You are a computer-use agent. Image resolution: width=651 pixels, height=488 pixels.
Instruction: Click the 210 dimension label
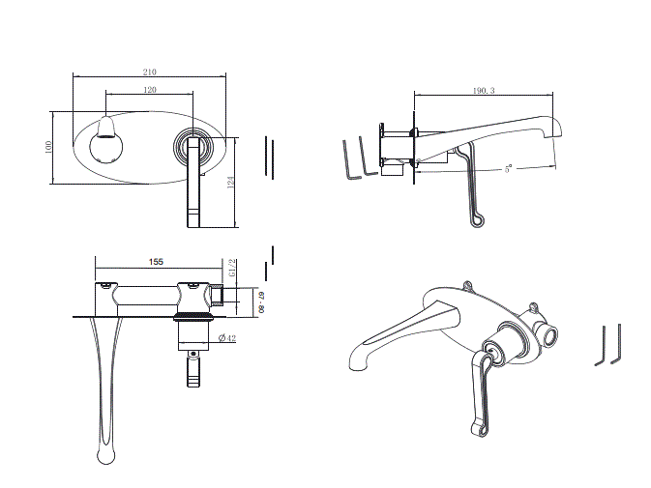tap(152, 72)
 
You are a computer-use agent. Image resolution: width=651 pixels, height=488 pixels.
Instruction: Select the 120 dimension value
tap(150, 89)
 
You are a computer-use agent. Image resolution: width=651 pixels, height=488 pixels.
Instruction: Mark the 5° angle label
tap(507, 168)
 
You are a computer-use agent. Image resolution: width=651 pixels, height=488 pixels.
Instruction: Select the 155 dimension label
tap(156, 261)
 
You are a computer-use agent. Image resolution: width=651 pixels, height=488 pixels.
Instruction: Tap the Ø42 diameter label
tap(228, 336)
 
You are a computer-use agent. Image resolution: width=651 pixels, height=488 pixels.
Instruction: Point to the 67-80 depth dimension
tap(261, 301)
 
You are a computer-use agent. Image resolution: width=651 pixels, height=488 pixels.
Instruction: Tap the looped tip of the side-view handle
tap(476, 223)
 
